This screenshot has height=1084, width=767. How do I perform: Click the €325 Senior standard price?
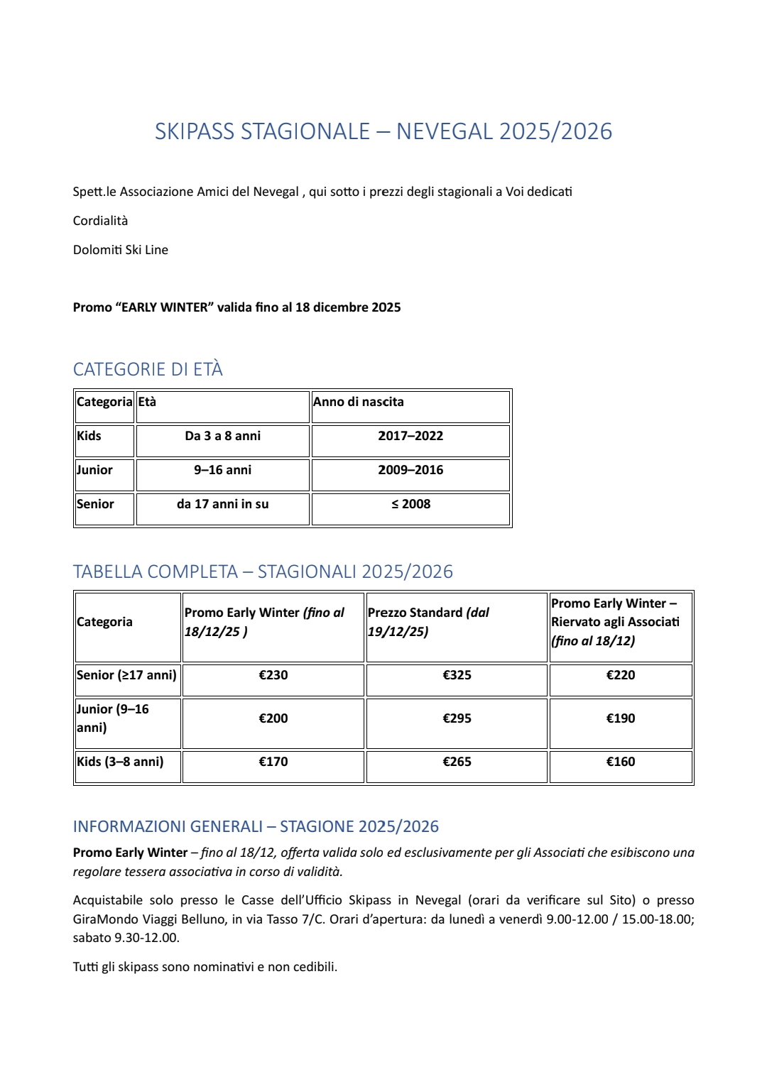(x=457, y=675)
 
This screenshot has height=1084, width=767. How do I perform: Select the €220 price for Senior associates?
(x=620, y=675)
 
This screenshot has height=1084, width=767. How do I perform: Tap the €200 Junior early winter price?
(x=273, y=718)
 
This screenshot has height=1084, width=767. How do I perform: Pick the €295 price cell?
(x=457, y=718)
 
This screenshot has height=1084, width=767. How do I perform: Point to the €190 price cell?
(x=620, y=718)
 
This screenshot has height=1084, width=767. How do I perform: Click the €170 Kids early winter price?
(x=273, y=762)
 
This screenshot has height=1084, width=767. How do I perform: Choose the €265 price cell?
(x=457, y=762)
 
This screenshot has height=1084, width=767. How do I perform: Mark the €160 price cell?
(x=620, y=762)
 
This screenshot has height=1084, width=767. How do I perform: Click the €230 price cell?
(x=273, y=675)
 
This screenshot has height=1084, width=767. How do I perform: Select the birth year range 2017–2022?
(x=410, y=436)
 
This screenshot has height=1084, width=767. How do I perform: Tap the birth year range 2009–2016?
(x=410, y=470)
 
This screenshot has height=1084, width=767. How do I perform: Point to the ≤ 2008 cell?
(x=410, y=504)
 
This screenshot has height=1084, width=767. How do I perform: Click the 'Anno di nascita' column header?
(x=359, y=402)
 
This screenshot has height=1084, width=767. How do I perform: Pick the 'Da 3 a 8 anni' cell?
(x=222, y=436)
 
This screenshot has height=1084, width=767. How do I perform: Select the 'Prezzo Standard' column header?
(x=428, y=621)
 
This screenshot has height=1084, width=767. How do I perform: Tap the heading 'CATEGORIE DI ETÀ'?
(x=148, y=369)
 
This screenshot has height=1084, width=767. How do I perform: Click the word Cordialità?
(x=100, y=221)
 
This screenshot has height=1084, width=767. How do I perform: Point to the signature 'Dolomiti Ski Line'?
(x=121, y=250)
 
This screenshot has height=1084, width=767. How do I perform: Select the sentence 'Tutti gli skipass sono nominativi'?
(x=205, y=967)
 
